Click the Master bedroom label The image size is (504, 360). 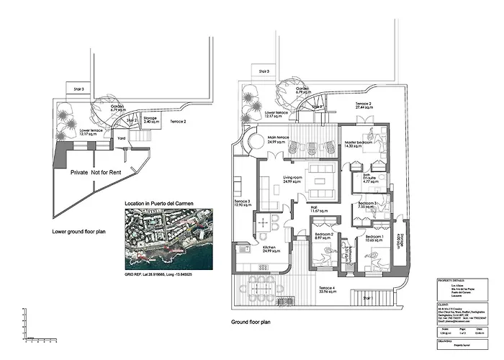[358, 143]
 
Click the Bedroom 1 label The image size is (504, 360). [374, 238]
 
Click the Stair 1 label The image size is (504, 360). [366, 297]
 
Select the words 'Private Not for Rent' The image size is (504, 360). [94, 173]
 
